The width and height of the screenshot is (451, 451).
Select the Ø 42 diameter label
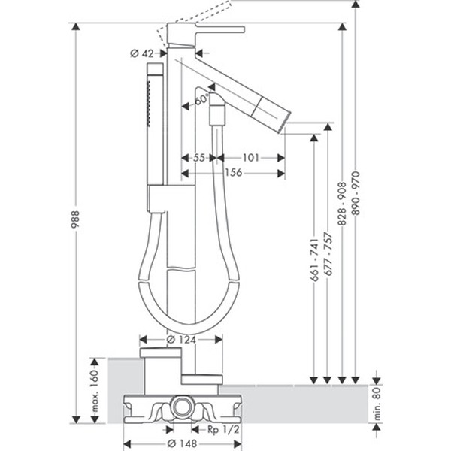click(x=142, y=53)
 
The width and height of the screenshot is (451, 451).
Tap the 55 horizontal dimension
click(x=199, y=157)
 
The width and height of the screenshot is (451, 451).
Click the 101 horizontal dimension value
click(x=250, y=157)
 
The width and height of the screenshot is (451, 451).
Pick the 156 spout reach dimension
click(x=233, y=173)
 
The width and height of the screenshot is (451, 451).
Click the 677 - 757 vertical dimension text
click(x=328, y=256)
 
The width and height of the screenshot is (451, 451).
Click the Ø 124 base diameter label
click(x=180, y=339)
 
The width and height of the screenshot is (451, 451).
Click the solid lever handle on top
click(x=218, y=29)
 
